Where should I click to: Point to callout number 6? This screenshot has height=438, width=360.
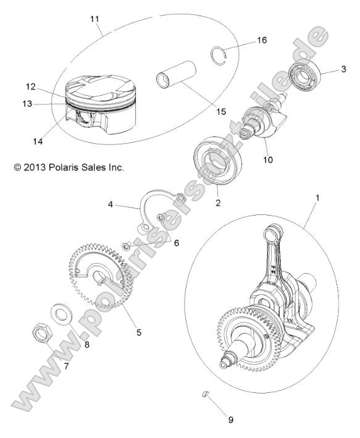click(x=177, y=243)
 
